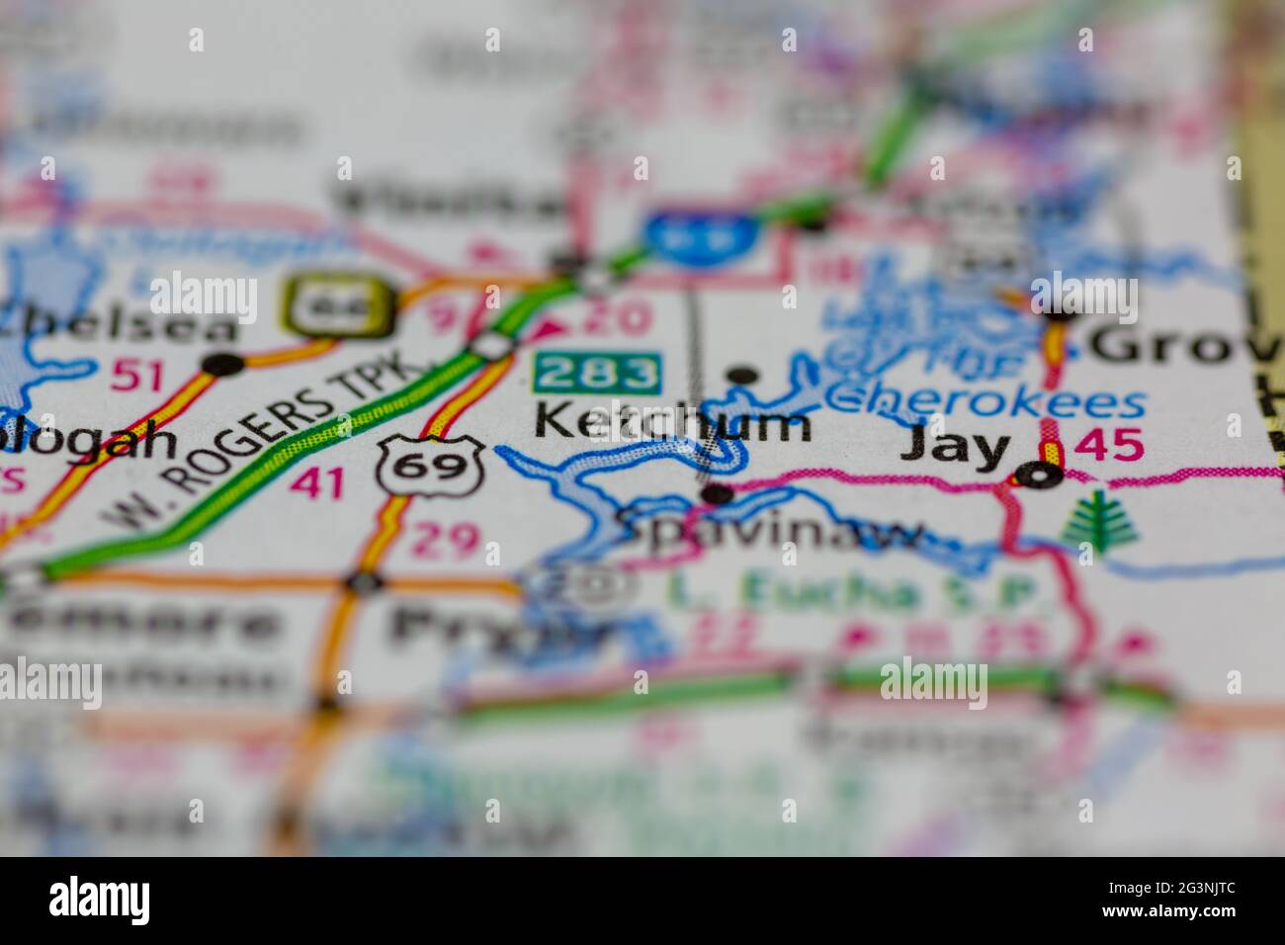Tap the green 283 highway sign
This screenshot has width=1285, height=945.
597,373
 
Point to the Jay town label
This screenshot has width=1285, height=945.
955,448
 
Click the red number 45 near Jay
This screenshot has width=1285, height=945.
1108,446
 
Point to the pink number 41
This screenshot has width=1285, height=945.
317,483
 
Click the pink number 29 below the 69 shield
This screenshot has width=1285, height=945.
446,540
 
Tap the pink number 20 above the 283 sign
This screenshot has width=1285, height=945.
616,318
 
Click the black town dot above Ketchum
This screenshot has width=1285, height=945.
741,376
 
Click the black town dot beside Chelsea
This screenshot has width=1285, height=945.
223,365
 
